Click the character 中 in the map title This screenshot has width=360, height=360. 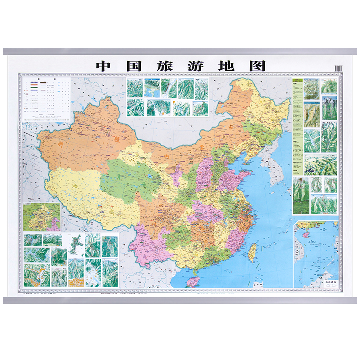[x=103, y=66]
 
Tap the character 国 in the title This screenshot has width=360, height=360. [x=135, y=66]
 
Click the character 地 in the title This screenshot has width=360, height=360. [x=226, y=66]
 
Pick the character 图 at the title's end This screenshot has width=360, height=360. [x=257, y=66]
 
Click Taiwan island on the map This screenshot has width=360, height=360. [x=252, y=253]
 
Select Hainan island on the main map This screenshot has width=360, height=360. [x=193, y=281]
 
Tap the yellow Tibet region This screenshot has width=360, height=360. [x=80, y=192]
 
